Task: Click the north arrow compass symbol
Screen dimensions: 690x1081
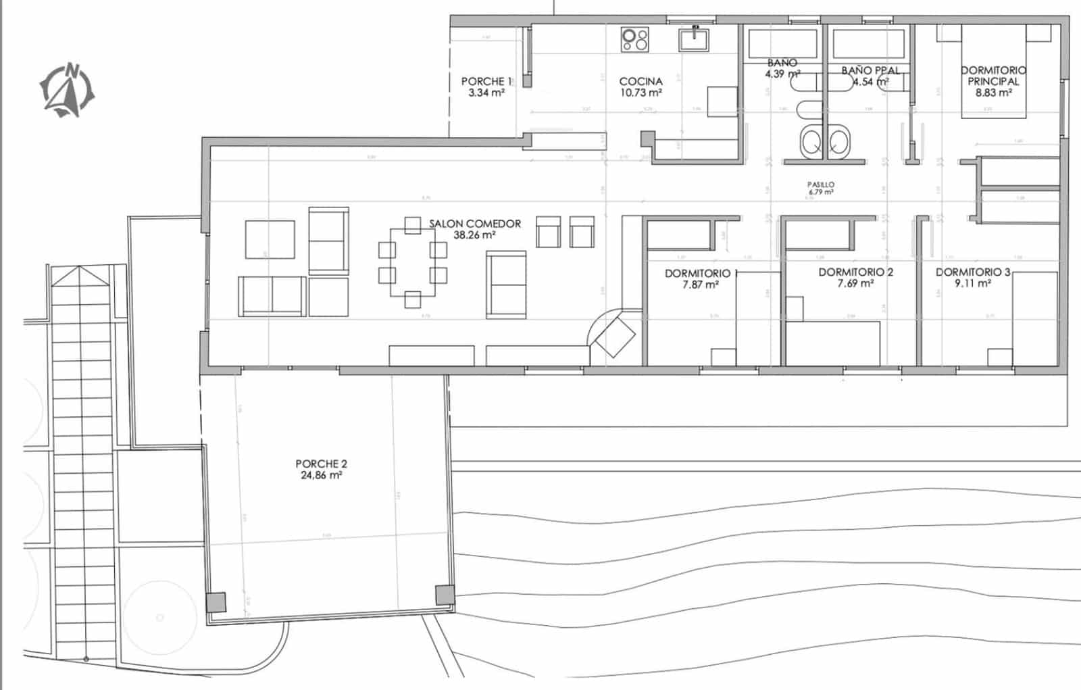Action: (x=67, y=91)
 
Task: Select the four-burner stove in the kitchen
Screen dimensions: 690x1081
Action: (x=634, y=39)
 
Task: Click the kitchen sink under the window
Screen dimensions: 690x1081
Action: (x=695, y=39)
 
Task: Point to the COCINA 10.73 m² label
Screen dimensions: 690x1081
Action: (x=640, y=87)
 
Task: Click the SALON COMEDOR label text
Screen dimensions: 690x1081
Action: (x=475, y=224)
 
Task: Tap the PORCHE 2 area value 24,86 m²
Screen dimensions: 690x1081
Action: (x=321, y=476)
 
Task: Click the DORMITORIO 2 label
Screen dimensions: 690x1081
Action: (x=855, y=272)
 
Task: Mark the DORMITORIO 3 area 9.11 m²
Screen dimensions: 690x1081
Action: (x=973, y=284)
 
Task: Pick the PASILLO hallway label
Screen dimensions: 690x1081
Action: (x=821, y=184)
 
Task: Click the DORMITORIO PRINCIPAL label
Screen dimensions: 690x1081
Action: (x=993, y=76)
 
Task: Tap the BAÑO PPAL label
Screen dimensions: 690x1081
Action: (x=870, y=70)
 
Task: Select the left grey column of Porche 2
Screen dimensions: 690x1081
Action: (x=216, y=601)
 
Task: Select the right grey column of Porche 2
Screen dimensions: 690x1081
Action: (x=445, y=595)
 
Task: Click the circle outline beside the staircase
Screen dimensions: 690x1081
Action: (x=160, y=616)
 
